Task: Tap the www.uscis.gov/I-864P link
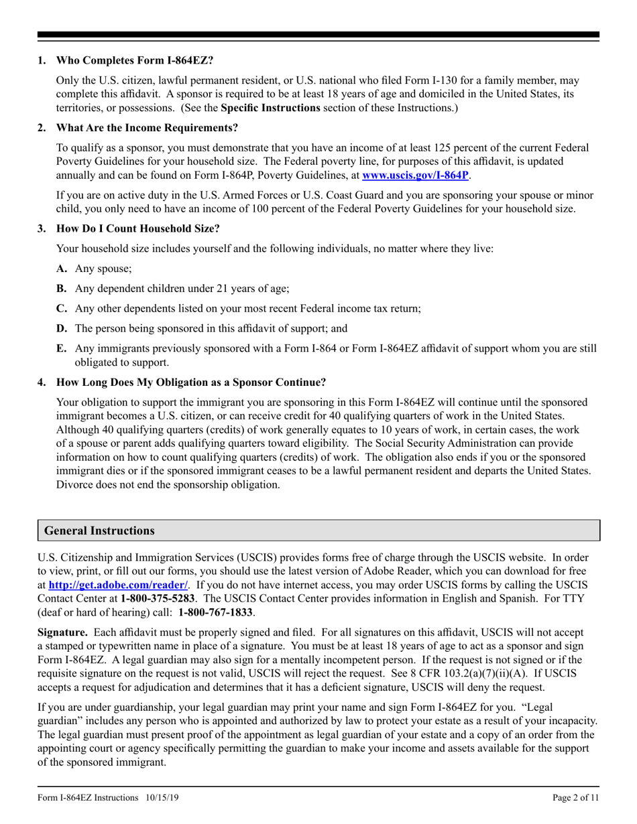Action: pyautogui.click(x=415, y=176)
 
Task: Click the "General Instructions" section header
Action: pyautogui.click(x=99, y=531)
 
